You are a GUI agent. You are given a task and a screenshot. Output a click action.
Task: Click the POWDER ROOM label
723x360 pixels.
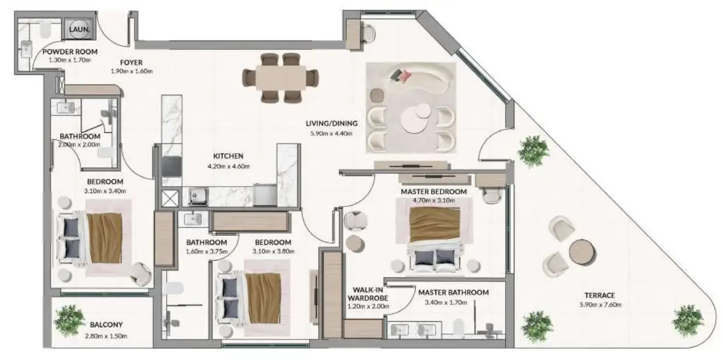(x=70, y=52)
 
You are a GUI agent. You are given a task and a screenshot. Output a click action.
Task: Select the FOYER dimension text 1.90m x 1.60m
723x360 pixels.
(x=132, y=71)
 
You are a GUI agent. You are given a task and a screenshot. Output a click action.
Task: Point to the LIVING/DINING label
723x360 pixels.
(x=332, y=123)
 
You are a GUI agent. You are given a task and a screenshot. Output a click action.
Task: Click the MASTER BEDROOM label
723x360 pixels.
(x=434, y=192)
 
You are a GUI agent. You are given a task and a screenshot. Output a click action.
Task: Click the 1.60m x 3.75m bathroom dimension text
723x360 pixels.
(x=206, y=252)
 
